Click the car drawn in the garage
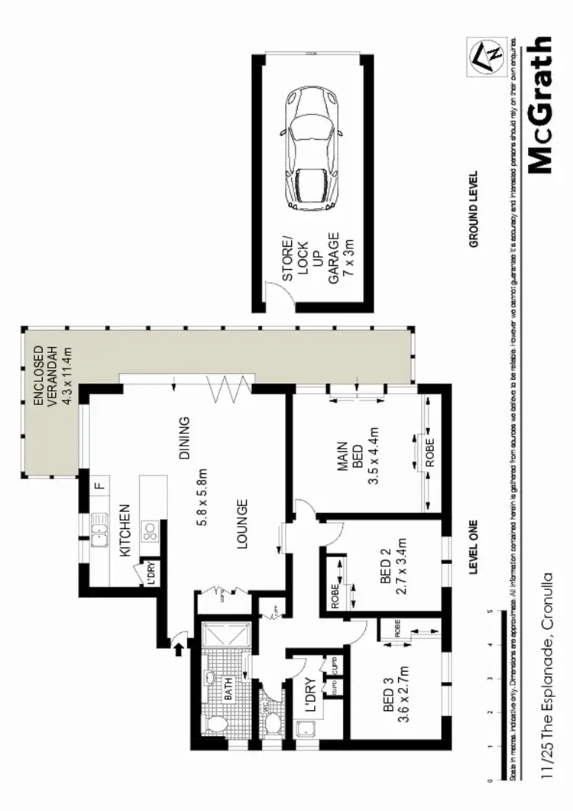click(x=312, y=150)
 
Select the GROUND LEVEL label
click(x=474, y=209)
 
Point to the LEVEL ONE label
click(x=473, y=544)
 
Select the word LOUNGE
click(x=241, y=524)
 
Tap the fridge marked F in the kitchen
click(x=98, y=485)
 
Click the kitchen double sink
click(x=99, y=530)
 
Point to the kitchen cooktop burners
click(x=151, y=530)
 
